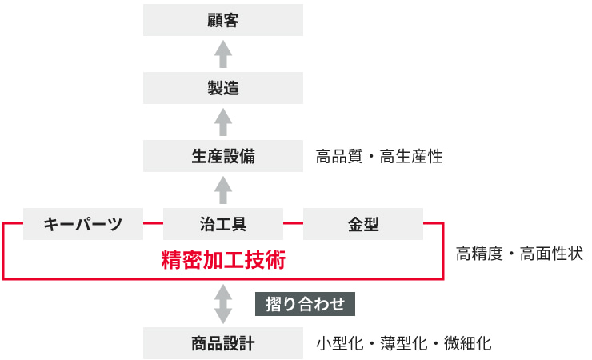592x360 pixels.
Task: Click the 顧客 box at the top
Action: [222, 20]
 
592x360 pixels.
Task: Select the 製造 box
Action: [222, 88]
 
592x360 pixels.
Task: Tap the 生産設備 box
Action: [222, 156]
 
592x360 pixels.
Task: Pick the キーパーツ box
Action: [83, 224]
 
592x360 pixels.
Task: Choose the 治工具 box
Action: [222, 224]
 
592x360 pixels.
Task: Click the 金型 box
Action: [363, 224]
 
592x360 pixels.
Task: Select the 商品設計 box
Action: [222, 343]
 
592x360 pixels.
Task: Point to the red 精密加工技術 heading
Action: [223, 260]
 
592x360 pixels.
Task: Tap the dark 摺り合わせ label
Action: [305, 304]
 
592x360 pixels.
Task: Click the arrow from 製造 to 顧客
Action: [223, 54]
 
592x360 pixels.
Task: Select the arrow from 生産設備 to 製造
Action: [223, 122]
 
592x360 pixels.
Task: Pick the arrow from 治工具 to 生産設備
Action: [223, 190]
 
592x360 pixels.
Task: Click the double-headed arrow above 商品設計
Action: [223, 304]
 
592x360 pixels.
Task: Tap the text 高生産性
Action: [411, 156]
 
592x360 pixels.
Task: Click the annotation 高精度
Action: [479, 254]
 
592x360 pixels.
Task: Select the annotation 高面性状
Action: [552, 254]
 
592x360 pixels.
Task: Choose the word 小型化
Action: [339, 343]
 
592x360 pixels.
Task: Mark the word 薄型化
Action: [403, 343]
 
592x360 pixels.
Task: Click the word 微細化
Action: [467, 343]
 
